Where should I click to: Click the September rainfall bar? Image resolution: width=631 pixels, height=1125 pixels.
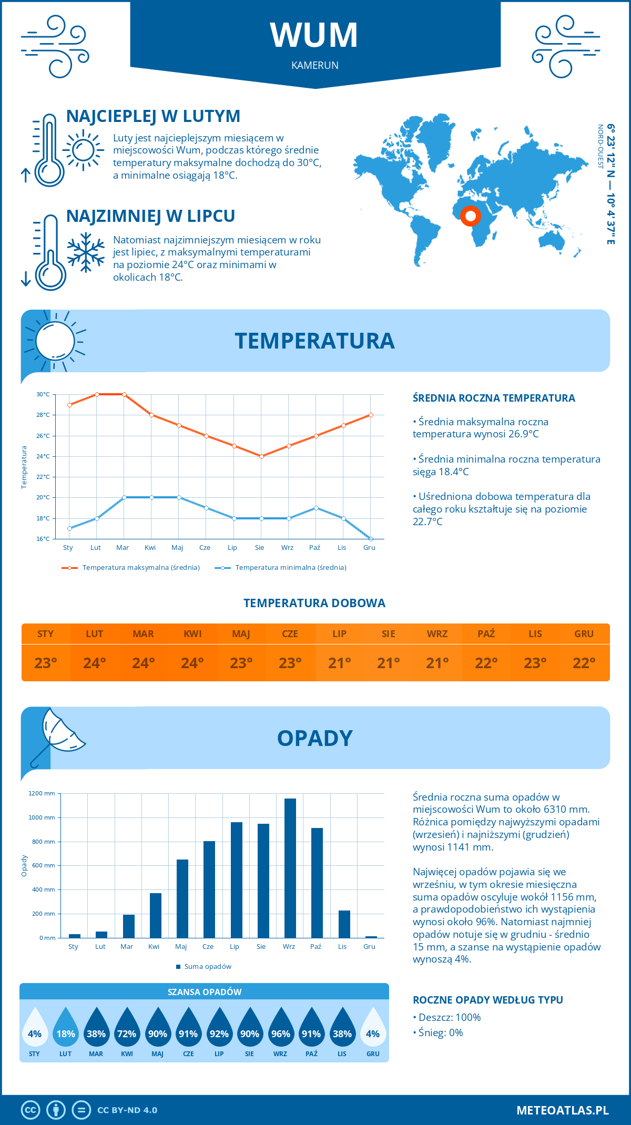point(290,868)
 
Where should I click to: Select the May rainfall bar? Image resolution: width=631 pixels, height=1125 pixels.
point(182,898)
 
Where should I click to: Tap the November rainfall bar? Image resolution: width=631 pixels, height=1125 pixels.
point(344,924)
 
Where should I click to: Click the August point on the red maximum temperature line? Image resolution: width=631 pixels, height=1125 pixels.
point(261,456)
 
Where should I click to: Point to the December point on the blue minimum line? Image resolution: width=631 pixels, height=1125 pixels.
point(371,539)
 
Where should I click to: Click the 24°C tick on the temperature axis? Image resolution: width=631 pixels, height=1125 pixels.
point(43,456)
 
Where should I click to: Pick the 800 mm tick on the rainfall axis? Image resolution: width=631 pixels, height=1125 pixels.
point(42,842)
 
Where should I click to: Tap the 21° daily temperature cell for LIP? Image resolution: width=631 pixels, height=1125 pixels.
point(339,663)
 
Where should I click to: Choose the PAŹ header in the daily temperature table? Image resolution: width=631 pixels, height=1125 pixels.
point(486,634)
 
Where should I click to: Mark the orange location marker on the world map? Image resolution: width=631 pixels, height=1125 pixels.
point(471,216)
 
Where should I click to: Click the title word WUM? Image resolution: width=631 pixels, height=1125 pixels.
point(314,35)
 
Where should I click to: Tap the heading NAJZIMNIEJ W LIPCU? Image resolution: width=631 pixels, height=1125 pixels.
point(150,216)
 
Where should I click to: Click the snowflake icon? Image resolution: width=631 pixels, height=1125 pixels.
point(86,252)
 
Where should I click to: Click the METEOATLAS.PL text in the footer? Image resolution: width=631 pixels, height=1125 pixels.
point(563,1110)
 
